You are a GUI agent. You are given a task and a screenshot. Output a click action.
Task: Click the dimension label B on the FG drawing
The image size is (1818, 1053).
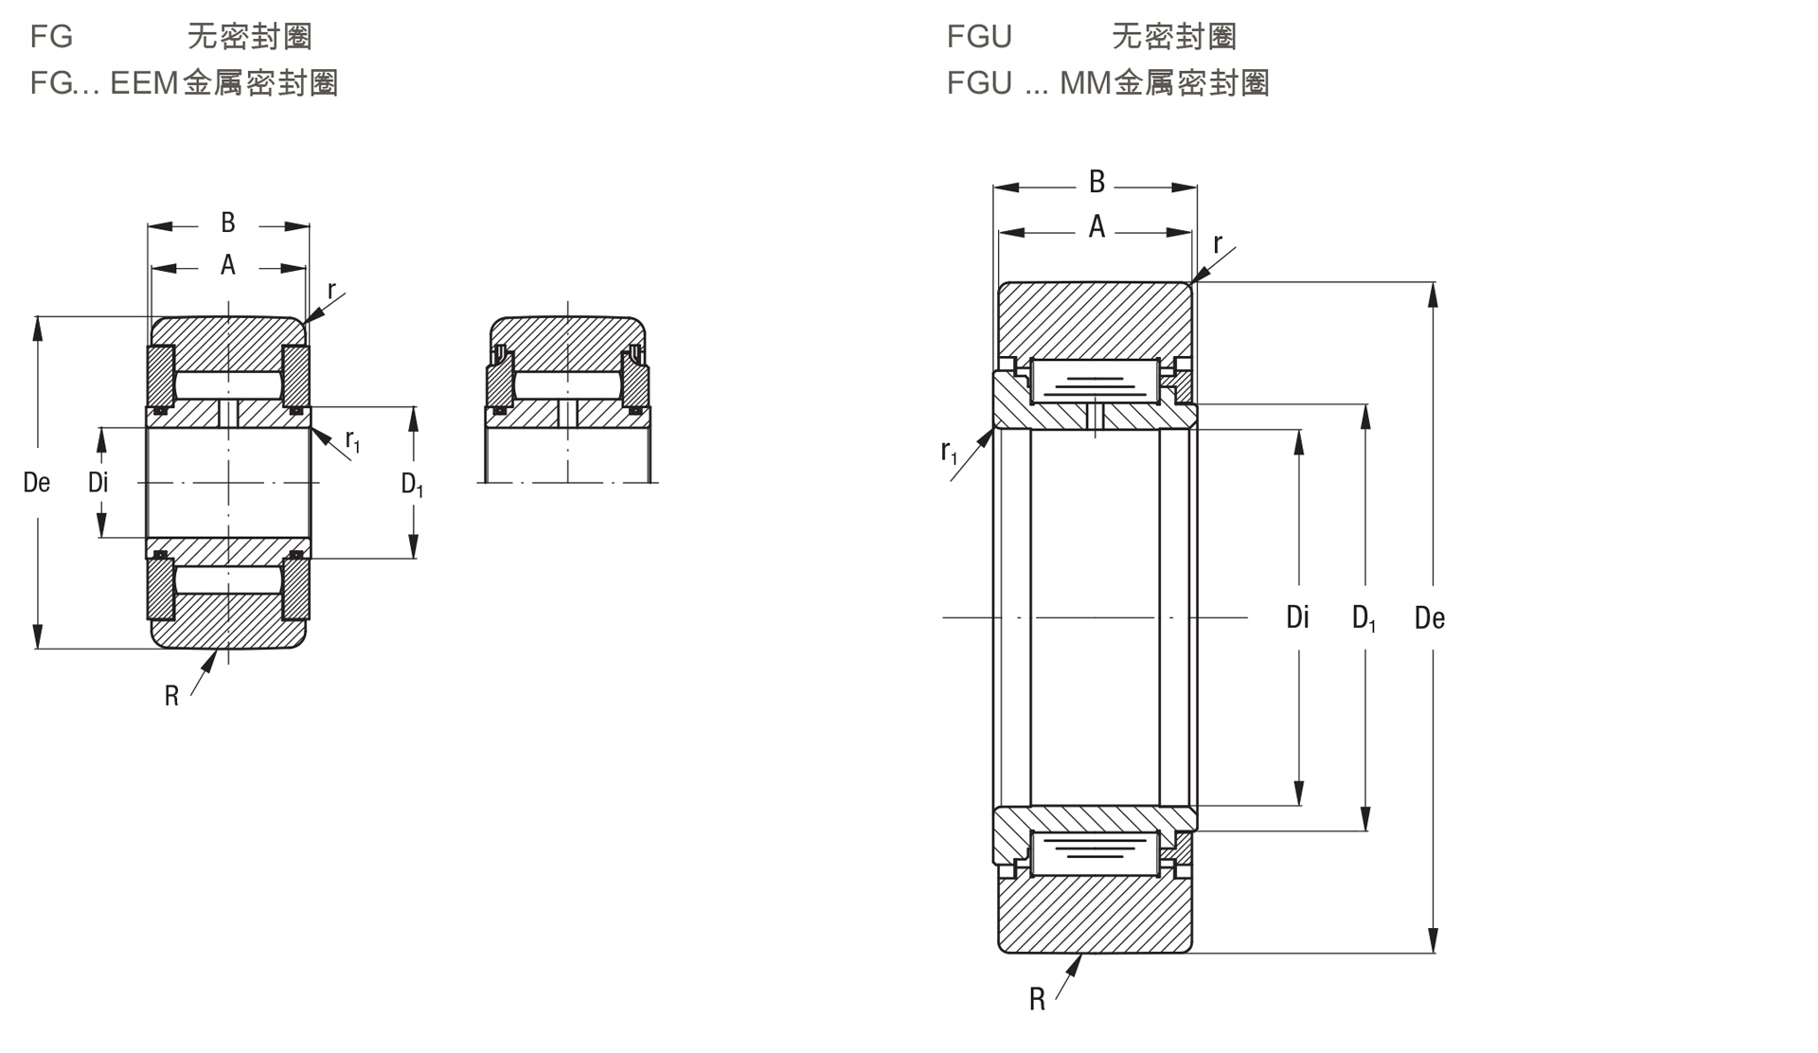228,223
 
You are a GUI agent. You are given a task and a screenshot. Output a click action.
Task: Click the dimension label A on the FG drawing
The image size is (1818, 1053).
228,265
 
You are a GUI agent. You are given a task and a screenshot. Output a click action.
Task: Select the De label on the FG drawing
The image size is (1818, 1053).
36,483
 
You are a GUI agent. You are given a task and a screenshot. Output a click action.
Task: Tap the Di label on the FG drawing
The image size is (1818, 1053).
98,483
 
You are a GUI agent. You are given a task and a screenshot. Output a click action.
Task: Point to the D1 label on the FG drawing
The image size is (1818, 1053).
412,485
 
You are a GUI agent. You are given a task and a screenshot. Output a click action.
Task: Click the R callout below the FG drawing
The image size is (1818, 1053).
171,697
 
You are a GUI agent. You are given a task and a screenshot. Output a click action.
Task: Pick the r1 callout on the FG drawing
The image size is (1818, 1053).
352,440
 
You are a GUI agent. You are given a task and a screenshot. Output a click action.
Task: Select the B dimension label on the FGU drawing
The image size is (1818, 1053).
1096,181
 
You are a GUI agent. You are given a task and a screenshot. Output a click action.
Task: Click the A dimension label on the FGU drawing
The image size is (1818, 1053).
1096,227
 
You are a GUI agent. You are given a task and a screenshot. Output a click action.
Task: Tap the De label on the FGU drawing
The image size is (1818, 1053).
1429,618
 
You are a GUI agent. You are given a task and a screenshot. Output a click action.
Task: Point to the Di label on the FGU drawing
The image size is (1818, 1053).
1297,617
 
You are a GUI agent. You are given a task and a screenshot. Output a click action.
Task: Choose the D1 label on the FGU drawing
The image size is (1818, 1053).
1363,619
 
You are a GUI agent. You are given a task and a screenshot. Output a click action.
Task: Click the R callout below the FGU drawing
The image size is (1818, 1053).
1038,999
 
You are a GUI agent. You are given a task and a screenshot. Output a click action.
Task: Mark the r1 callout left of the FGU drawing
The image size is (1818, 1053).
949,453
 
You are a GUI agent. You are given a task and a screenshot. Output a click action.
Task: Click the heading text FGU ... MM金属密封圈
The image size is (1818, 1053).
1108,83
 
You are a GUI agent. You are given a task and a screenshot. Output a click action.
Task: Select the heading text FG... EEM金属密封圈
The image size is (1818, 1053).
184,83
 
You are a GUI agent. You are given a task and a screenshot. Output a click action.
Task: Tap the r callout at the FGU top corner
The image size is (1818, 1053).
1218,244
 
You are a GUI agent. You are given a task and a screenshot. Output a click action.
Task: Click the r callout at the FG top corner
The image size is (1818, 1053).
331,290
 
